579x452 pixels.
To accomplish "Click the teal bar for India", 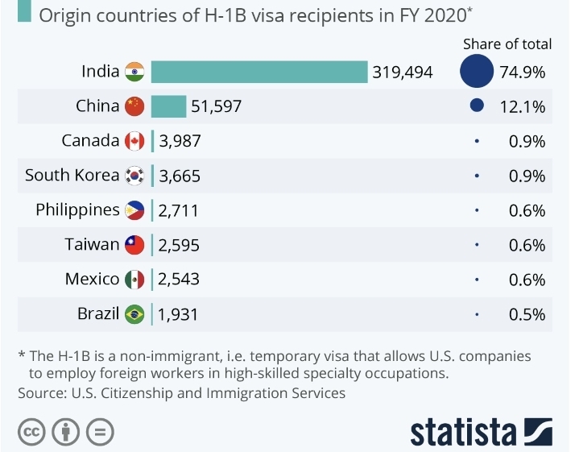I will pyautogui.click(x=259, y=72).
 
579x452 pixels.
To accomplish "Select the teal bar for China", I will pyautogui.click(x=168, y=106).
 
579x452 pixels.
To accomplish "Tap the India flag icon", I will pyautogui.click(x=134, y=72).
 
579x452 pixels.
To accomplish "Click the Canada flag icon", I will pyautogui.click(x=134, y=141).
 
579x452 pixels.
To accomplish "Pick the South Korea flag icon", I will pyautogui.click(x=134, y=176).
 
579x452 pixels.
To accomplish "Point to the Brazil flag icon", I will pyautogui.click(x=134, y=314).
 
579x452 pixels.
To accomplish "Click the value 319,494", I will pyautogui.click(x=403, y=73).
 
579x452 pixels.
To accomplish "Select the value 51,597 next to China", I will pyautogui.click(x=217, y=106).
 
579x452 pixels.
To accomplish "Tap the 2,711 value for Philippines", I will pyautogui.click(x=178, y=211).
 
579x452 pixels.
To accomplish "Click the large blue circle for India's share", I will pyautogui.click(x=477, y=72).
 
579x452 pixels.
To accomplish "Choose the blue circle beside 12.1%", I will pyautogui.click(x=477, y=106).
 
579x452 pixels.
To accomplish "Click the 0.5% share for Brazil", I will pyautogui.click(x=527, y=314).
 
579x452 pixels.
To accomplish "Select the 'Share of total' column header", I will pyautogui.click(x=507, y=44).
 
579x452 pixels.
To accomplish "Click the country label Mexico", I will pyautogui.click(x=92, y=279).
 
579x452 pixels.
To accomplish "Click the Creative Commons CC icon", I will pyautogui.click(x=31, y=432).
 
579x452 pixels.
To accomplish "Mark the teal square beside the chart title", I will pyautogui.click(x=24, y=13).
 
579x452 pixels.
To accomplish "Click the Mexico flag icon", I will pyautogui.click(x=134, y=280).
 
